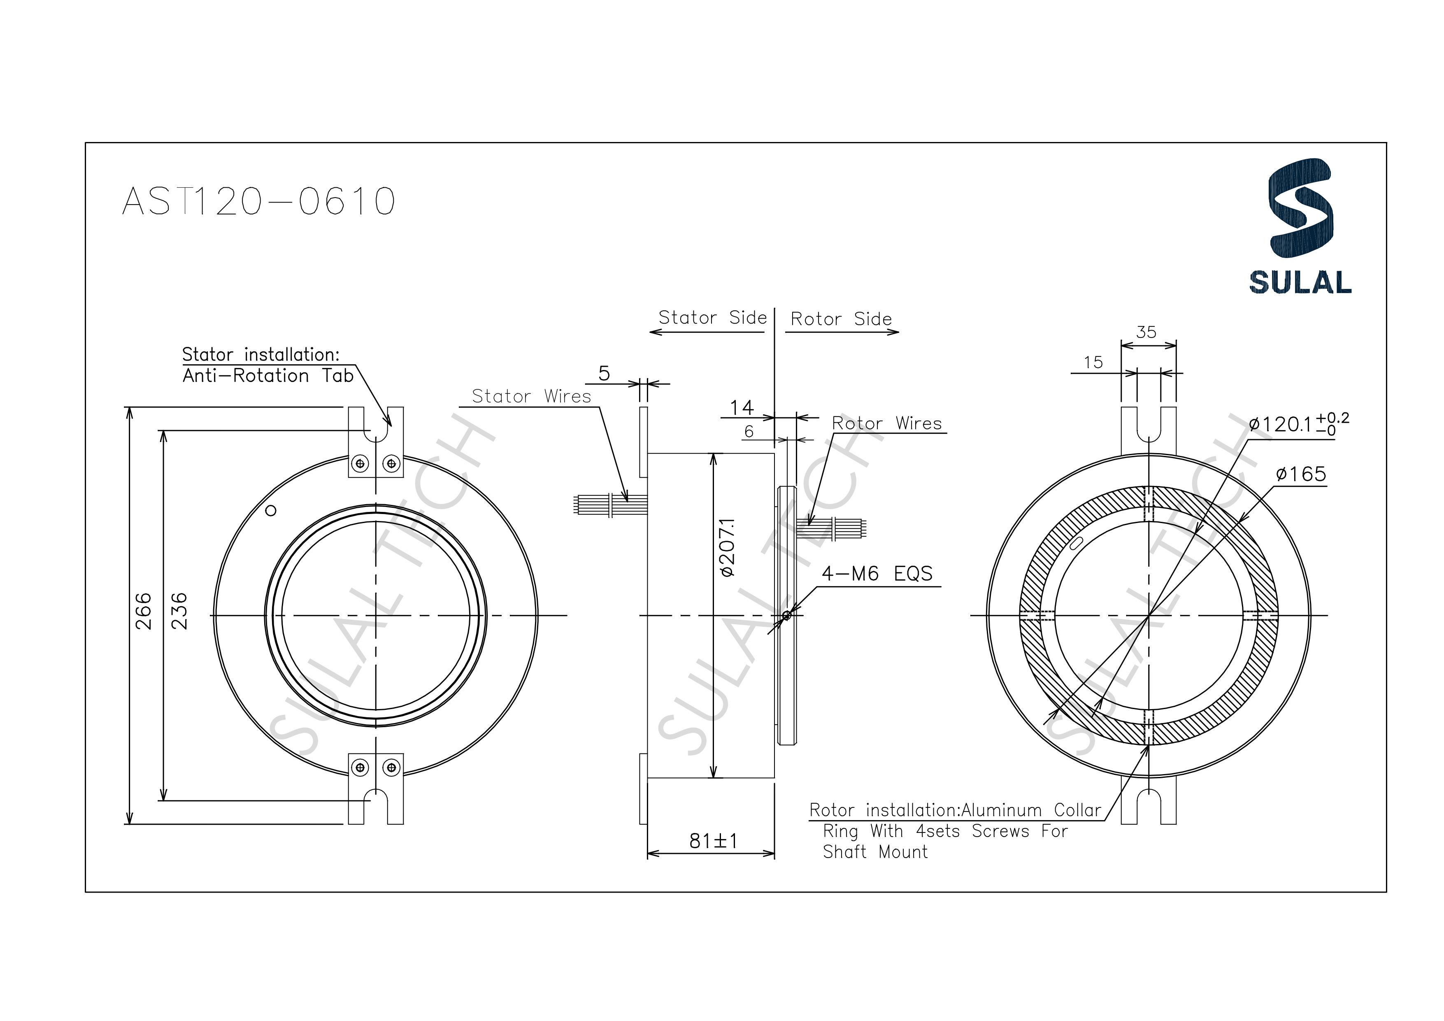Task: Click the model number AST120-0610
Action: click(258, 201)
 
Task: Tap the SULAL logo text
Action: click(1300, 282)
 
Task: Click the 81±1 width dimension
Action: click(713, 840)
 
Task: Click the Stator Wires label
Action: click(531, 396)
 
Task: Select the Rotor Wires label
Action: click(887, 423)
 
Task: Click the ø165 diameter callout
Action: click(1301, 474)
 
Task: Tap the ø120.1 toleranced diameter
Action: click(1298, 424)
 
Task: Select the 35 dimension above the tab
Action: click(1146, 332)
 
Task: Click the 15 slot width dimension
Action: click(1093, 363)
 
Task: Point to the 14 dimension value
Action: click(742, 408)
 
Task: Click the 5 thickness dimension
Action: click(604, 374)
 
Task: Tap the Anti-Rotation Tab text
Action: click(268, 376)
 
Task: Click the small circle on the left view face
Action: click(271, 511)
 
